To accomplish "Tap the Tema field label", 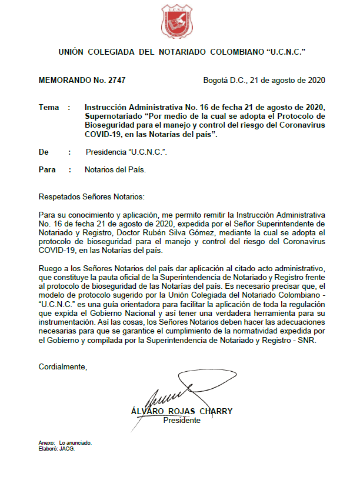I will tap(49, 108).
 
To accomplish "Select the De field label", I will tap(44, 152).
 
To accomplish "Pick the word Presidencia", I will tap(106, 152).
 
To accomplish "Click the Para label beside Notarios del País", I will tap(47, 170).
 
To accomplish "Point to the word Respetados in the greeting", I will tap(59, 195).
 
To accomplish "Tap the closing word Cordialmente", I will tap(62, 367).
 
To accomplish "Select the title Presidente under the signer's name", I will tap(182, 421).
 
